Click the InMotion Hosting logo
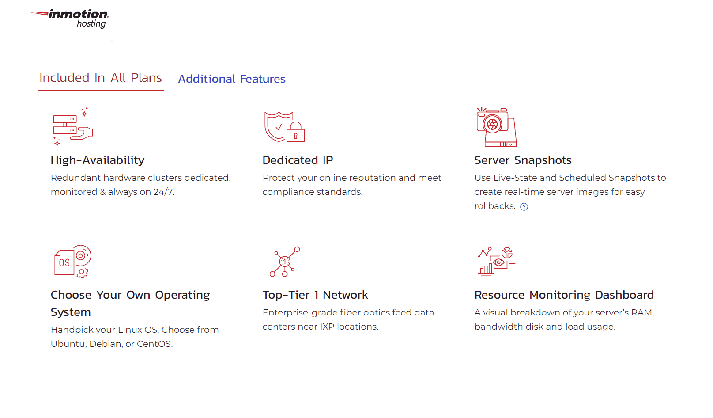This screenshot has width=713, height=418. click(70, 19)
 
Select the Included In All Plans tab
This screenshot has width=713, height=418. click(101, 78)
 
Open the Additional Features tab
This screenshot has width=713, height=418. click(232, 79)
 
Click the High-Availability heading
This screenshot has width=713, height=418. click(98, 160)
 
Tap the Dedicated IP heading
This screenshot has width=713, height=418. click(298, 160)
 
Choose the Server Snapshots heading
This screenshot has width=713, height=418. click(523, 160)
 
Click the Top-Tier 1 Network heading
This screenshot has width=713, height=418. click(315, 295)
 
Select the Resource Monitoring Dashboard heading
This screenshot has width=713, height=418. click(564, 295)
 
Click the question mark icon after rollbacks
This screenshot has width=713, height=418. click(524, 207)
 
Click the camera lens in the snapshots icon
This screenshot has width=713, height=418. click(492, 124)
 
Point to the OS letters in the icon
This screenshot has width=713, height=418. click(64, 262)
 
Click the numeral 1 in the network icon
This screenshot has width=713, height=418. click(285, 262)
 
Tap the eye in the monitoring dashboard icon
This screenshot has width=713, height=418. click(498, 262)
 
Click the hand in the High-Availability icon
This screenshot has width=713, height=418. click(82, 133)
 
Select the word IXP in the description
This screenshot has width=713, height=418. click(327, 327)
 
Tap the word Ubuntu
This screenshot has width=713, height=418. click(68, 344)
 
